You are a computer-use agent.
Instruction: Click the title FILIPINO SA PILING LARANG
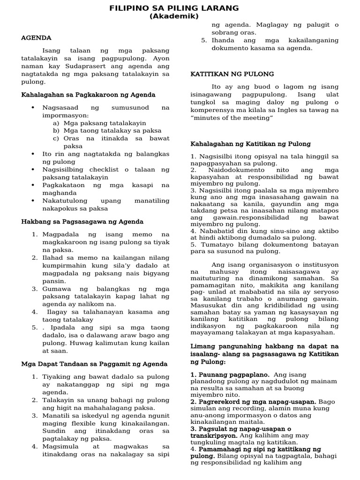coord(174,8)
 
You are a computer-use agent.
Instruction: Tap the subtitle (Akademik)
coord(174,16)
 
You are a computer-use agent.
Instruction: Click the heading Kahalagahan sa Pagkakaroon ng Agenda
coord(88,95)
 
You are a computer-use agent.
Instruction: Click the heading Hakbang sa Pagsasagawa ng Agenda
coord(82,221)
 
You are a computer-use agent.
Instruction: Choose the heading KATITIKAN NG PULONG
coord(232,74)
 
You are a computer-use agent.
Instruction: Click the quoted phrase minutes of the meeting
coord(232,118)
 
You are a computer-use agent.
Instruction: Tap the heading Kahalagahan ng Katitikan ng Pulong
coord(250,144)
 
